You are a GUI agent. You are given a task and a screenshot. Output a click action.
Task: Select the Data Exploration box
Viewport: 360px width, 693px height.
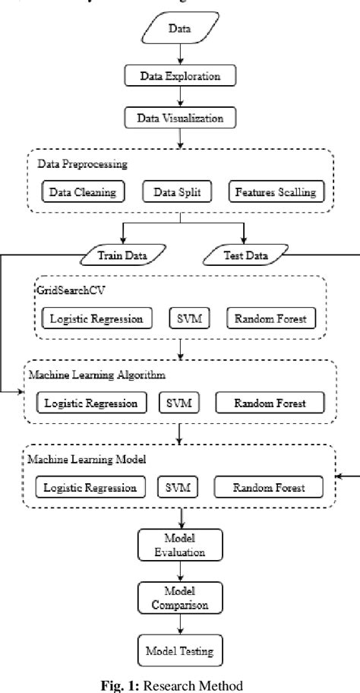[x=180, y=75]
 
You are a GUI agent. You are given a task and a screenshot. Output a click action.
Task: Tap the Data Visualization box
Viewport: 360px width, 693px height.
[x=180, y=119]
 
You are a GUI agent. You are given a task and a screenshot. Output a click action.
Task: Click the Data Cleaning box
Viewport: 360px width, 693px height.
[x=83, y=191]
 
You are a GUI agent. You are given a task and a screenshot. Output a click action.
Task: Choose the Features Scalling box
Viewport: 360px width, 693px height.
[x=274, y=191]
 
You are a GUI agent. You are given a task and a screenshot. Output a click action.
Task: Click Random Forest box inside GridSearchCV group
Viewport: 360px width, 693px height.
[x=270, y=318]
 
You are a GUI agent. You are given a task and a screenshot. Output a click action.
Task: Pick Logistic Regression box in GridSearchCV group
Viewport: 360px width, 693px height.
[x=96, y=318]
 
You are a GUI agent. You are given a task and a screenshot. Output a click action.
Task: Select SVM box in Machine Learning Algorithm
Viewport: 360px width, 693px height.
[x=178, y=402]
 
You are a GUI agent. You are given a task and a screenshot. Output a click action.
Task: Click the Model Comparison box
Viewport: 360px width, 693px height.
[x=180, y=599]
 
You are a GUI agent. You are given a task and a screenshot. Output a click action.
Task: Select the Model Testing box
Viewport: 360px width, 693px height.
[x=180, y=651]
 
